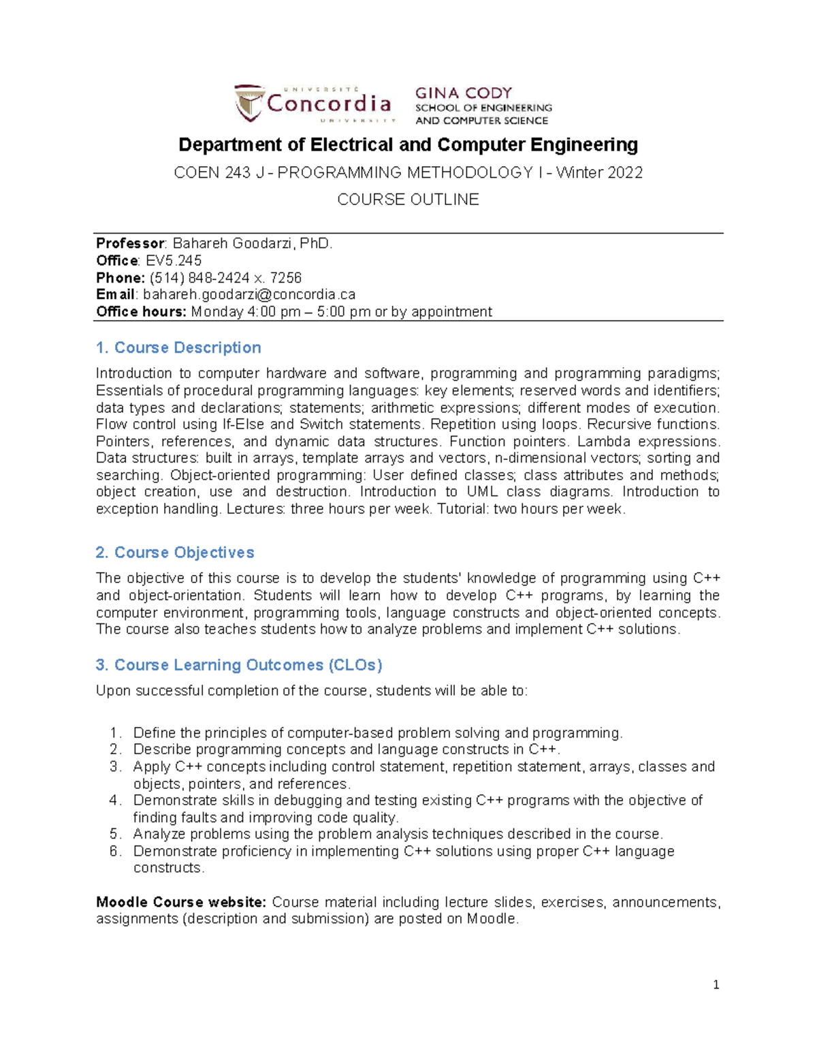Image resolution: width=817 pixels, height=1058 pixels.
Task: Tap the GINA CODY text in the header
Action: [463, 93]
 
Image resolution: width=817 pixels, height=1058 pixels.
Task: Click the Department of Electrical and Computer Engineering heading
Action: [408, 144]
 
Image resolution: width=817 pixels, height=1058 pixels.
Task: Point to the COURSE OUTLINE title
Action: [408, 200]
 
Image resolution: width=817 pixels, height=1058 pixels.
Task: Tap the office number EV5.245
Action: [174, 260]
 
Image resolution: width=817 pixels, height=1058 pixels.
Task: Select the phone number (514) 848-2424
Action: [199, 277]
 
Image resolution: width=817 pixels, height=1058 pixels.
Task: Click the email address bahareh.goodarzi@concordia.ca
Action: [249, 294]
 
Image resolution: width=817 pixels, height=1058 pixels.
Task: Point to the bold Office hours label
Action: [141, 311]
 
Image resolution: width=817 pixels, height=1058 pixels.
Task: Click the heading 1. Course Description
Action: [178, 347]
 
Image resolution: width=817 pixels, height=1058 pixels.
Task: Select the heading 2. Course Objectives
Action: [175, 553]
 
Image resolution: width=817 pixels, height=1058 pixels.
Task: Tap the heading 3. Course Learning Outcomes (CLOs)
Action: [239, 665]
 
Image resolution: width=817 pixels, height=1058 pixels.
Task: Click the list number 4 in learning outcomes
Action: [114, 800]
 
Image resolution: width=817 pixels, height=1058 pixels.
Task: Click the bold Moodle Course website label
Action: [181, 902]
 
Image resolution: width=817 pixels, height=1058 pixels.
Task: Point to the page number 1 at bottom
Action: [716, 984]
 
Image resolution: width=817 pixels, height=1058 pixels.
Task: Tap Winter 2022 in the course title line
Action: [599, 173]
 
